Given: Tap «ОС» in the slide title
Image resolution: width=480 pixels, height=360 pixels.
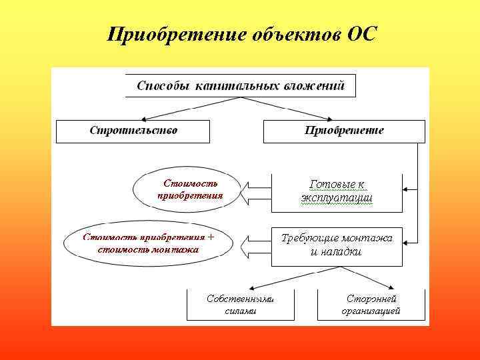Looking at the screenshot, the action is point(361,33).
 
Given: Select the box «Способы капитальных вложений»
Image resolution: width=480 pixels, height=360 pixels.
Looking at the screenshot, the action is point(240,86).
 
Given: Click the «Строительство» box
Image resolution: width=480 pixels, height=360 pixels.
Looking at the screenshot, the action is point(133,131).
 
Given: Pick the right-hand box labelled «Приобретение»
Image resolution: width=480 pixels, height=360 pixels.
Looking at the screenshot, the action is point(344,131).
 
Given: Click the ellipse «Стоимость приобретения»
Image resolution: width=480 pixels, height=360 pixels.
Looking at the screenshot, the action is point(190,190).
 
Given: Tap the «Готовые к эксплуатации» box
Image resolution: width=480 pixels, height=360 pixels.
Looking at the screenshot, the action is point(337,191).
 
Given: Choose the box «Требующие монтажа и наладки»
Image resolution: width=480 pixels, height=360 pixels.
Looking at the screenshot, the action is point(337,245).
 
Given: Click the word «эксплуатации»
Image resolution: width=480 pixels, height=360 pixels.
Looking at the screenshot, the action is point(337,199).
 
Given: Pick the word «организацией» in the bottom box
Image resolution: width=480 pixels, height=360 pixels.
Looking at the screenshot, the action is point(371,311).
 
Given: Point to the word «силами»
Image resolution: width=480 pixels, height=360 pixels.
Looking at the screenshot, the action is point(240,311).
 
